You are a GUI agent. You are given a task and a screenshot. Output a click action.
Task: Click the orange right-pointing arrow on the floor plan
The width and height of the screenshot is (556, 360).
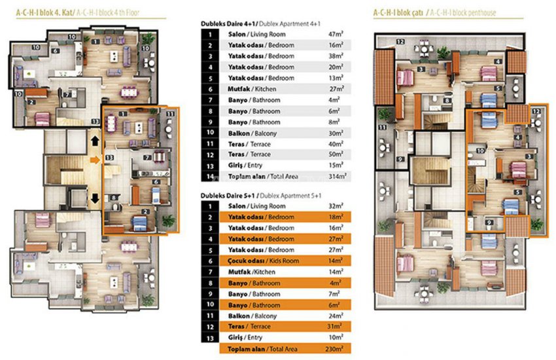point(95,159)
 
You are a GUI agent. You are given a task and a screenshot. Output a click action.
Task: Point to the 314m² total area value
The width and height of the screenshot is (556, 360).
point(336,176)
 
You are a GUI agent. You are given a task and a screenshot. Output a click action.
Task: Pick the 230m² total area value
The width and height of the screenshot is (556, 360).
point(336,350)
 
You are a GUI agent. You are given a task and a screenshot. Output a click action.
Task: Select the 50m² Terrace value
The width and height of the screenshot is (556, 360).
point(336,154)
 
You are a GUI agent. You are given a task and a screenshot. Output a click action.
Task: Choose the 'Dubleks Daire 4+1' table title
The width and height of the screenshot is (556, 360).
point(228,23)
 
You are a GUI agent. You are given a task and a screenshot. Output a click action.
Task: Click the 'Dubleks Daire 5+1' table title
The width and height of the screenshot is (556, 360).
point(228,196)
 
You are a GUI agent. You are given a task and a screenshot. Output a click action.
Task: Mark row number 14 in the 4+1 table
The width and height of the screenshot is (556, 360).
point(209,176)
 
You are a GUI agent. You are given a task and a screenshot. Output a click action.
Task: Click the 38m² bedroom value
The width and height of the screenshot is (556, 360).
point(336,56)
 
